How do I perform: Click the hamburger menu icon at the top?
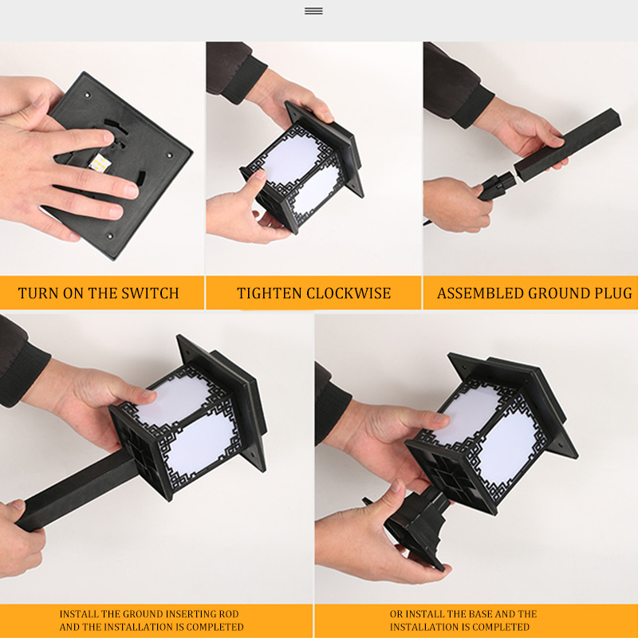tap(313, 11)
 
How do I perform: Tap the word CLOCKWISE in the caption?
tap(349, 293)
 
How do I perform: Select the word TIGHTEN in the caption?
tap(270, 293)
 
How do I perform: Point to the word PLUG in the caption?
tap(613, 293)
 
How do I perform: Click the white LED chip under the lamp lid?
tap(100, 163)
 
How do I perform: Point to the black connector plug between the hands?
tap(497, 186)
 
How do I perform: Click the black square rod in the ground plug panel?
tap(567, 144)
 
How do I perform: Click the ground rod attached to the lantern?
tap(77, 490)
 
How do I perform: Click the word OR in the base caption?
tap(396, 613)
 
